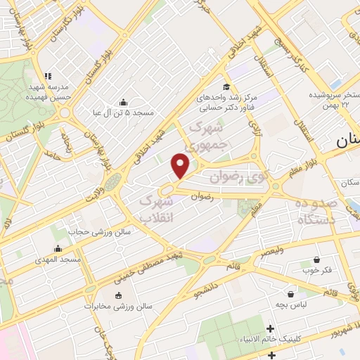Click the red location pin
[181, 165]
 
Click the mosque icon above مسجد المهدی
[58, 248]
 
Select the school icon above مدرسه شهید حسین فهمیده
[48, 76]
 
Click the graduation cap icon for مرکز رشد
[226, 86]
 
